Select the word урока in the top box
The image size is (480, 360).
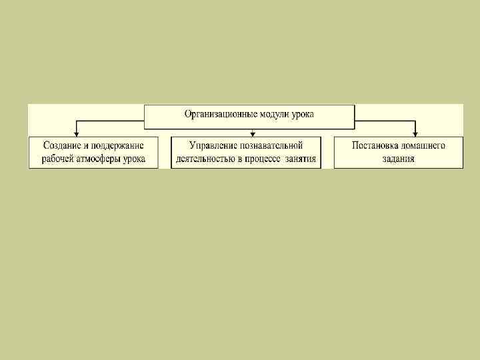click(302, 114)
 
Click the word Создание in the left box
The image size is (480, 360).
click(63, 145)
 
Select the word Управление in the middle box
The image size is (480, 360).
click(214, 145)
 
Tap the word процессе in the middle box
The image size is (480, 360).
click(269, 159)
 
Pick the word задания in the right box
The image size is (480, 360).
click(399, 159)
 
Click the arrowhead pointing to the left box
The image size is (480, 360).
click(76, 133)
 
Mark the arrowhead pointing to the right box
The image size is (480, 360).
click(415, 133)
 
